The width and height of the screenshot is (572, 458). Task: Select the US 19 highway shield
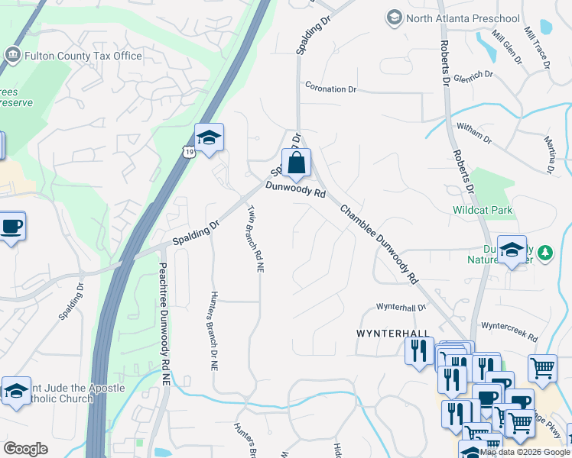coord(188,152)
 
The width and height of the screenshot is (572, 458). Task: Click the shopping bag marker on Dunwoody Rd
coord(296,163)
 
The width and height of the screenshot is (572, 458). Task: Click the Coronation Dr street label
coord(331,89)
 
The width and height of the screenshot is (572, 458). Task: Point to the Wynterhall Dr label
coord(400,308)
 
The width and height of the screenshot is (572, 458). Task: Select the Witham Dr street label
coord(473,132)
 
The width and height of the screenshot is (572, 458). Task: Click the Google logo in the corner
coord(26,448)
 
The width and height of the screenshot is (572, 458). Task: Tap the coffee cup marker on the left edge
coord(11,227)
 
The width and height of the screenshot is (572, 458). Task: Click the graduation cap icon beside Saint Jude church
coord(16,390)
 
